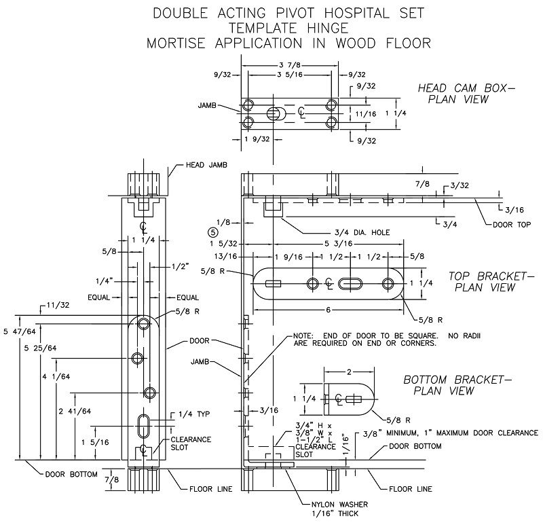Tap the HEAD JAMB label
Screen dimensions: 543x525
coord(206,165)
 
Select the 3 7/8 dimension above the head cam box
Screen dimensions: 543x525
coord(290,65)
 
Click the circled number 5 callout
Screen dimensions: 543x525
coord(213,232)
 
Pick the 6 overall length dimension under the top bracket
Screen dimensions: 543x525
coord(329,310)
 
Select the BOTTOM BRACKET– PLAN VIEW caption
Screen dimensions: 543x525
coord(457,385)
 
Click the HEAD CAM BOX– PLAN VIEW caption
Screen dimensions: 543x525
coord(466,94)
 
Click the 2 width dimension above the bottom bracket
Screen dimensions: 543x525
coord(349,372)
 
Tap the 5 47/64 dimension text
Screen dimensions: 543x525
coord(20,331)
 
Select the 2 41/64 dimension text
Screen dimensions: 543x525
coord(75,412)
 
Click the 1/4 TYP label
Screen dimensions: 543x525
coord(194,414)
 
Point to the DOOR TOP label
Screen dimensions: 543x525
coord(512,225)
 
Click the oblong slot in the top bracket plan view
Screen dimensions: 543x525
coord(350,283)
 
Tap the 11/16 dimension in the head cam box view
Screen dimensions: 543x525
coord(366,113)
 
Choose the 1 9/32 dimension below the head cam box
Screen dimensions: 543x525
coord(257,139)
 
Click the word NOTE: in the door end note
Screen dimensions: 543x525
coord(303,336)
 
